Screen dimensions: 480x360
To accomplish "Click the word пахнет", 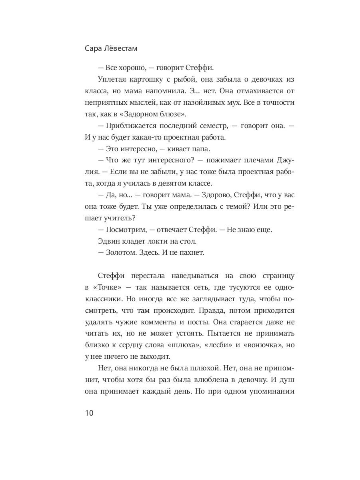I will [191, 253].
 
